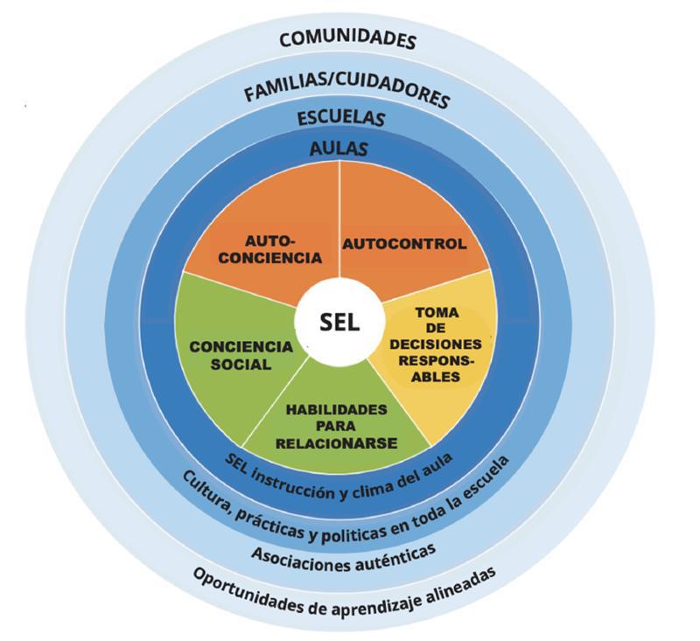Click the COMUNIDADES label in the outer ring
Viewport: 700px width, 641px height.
click(347, 38)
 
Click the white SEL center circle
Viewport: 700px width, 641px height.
click(339, 322)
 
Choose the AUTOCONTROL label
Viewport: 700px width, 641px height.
click(403, 244)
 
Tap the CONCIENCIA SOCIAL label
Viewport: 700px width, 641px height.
click(241, 354)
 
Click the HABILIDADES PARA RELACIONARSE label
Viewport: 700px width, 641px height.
click(337, 426)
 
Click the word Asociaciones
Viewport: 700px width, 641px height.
click(301, 554)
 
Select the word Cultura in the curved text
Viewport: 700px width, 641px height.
click(204, 488)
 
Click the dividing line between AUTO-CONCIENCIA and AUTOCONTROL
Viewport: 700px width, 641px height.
click(339, 219)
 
